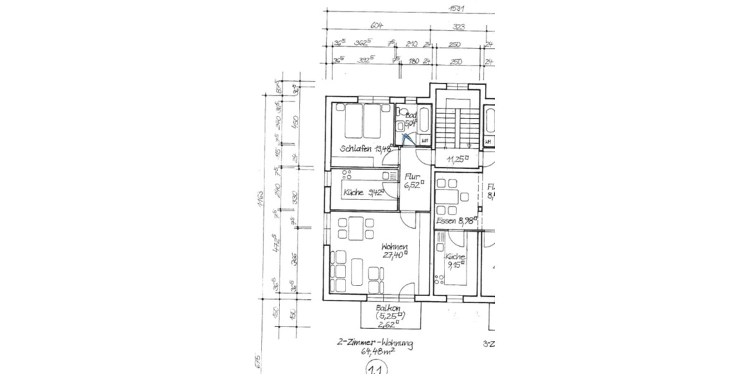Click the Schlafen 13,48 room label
pos(366,149)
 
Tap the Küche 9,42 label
pos(363,193)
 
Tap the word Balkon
pos(387,308)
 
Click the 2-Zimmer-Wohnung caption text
pos(375,343)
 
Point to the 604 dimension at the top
pos(376,26)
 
